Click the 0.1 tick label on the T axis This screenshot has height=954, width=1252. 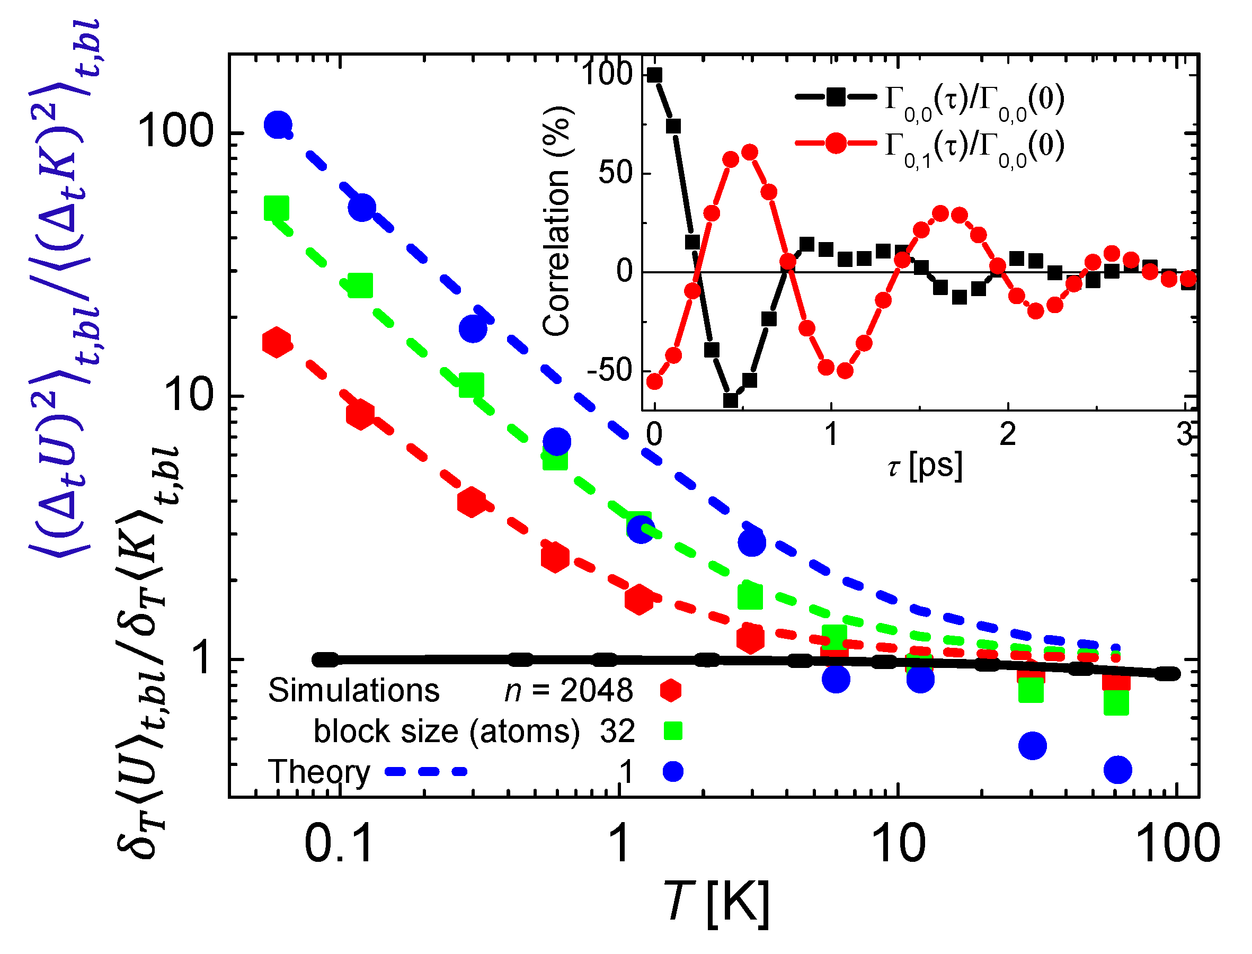pyautogui.click(x=339, y=844)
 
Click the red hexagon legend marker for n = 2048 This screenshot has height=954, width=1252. pyautogui.click(x=670, y=690)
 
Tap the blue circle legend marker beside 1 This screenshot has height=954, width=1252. pyautogui.click(x=673, y=772)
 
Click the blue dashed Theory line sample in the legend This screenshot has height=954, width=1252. pyautogui.click(x=426, y=772)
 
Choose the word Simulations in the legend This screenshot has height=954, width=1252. pyautogui.click(x=354, y=691)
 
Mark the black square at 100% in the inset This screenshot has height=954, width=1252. pyautogui.click(x=654, y=75)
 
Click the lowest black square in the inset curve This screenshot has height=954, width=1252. pyautogui.click(x=731, y=400)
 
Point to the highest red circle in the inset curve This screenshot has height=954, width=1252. pyautogui.click(x=750, y=152)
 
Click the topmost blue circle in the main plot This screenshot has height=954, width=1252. pyautogui.click(x=278, y=124)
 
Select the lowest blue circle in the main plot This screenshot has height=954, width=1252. pyautogui.click(x=1118, y=770)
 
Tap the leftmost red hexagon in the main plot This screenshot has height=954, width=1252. pyautogui.click(x=277, y=342)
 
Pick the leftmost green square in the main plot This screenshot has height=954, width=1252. pyautogui.click(x=277, y=208)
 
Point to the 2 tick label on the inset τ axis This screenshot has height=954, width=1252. pyautogui.click(x=1008, y=434)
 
